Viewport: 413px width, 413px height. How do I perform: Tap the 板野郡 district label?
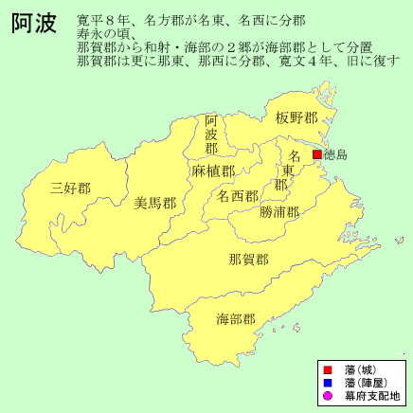[295, 118]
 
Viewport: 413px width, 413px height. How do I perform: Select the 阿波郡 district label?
[212, 135]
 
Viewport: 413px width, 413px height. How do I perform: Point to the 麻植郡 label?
[212, 171]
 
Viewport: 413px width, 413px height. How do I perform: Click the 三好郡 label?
[71, 188]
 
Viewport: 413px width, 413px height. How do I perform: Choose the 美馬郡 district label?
[154, 203]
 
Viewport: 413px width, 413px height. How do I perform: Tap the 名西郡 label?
[237, 196]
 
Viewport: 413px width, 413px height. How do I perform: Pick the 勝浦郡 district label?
[279, 212]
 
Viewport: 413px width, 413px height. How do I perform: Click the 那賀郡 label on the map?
[249, 259]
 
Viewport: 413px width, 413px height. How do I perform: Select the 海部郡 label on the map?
[236, 318]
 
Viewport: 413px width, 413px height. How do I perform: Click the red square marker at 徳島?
[317, 153]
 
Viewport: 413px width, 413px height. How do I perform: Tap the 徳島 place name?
[335, 153]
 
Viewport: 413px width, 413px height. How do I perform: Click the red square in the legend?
[326, 368]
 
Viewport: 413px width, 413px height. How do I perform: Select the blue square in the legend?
[326, 382]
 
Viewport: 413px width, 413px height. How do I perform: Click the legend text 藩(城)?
[358, 368]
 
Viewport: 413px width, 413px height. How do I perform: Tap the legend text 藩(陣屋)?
[363, 382]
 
